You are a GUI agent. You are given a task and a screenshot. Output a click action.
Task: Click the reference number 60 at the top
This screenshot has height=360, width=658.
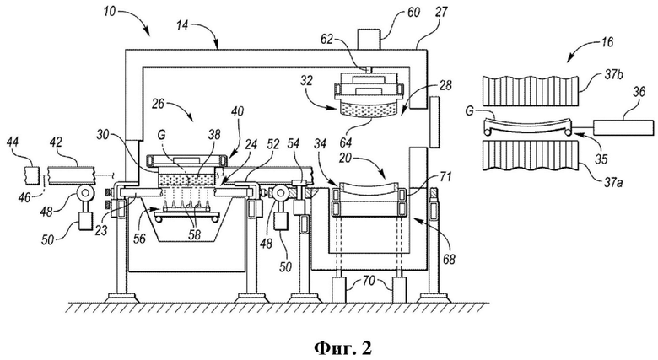[413, 12]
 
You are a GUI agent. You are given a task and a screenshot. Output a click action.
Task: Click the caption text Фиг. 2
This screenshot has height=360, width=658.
[342, 347]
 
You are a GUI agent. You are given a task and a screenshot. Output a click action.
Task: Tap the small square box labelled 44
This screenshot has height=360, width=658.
[31, 176]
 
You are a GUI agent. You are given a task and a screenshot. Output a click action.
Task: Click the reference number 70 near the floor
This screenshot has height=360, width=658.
[369, 279]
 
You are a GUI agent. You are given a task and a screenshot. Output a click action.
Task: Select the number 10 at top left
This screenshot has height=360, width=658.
[110, 12]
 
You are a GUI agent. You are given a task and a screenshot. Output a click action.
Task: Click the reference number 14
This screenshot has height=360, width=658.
[182, 26]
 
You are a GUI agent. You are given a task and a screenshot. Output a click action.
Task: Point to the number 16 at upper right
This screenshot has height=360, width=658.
[606, 42]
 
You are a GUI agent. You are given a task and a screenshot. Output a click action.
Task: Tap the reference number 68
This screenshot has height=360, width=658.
[449, 260]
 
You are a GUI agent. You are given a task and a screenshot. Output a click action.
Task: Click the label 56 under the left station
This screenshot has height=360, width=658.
[139, 239]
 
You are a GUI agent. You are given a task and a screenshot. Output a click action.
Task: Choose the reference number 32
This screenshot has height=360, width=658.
[307, 81]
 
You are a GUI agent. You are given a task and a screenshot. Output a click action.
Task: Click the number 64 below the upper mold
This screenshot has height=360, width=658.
[346, 142]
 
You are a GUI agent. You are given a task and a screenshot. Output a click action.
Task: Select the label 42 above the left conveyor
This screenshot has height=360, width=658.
[55, 142]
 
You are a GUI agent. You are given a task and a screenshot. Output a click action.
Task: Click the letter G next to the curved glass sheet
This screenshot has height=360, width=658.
[470, 111]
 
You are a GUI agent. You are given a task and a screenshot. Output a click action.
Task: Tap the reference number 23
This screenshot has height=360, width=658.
[102, 229]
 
